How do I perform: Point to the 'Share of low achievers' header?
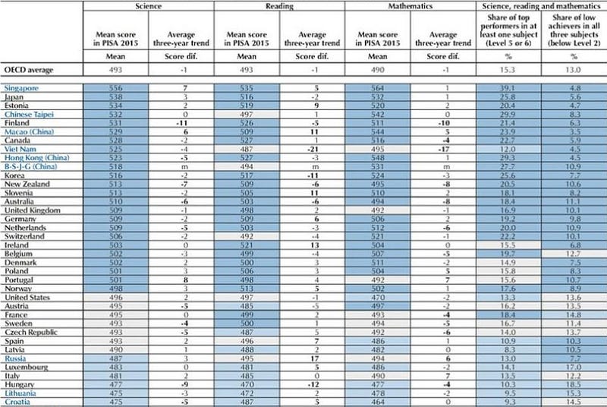point(574,36)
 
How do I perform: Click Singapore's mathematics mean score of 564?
point(376,88)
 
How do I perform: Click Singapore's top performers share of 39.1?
point(508,88)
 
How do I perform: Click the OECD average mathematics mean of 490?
point(376,71)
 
